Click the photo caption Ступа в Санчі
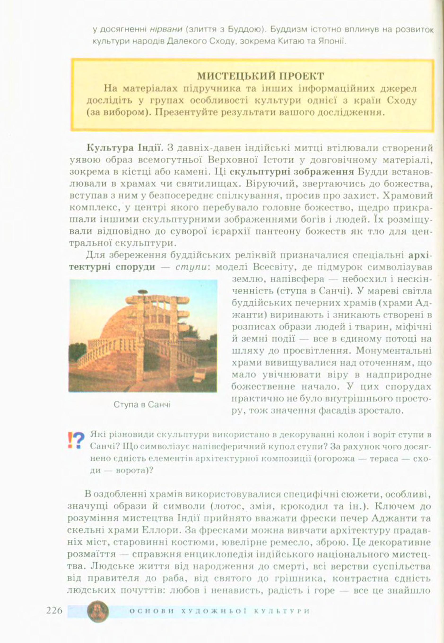click(x=142, y=404)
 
